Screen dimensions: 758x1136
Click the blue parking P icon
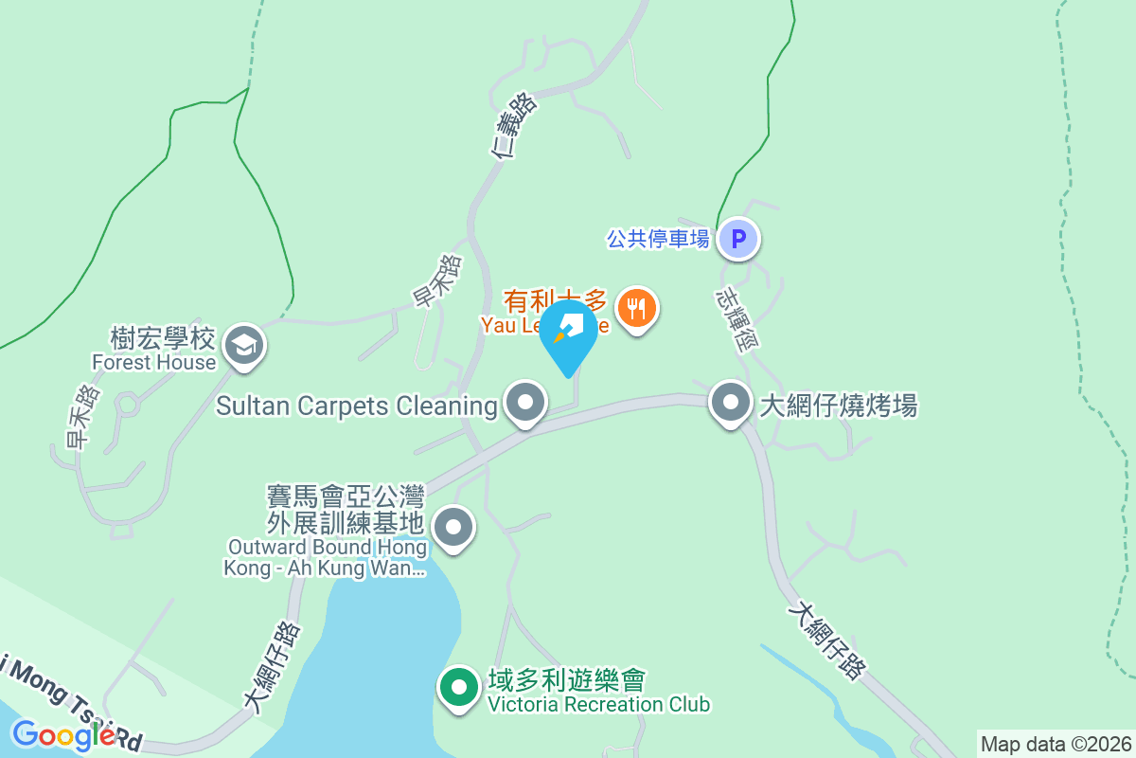point(737,239)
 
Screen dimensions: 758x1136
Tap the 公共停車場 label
point(658,239)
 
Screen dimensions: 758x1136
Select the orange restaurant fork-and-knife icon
point(637,308)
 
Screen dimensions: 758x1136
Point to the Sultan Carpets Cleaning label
point(356,406)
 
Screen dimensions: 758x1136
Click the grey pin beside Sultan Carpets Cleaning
point(525,404)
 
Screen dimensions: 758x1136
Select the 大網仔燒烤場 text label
point(839,406)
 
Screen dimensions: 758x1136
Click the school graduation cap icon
point(246,346)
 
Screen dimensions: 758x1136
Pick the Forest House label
point(153,362)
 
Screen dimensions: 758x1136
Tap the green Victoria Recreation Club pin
point(460,687)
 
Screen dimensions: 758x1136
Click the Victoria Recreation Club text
point(598,704)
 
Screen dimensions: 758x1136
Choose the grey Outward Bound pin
point(453,527)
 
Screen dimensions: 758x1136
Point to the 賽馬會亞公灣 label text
point(346,496)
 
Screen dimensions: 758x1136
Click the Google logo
point(62,734)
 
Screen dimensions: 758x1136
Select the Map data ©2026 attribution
point(1056,744)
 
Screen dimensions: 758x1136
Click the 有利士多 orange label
point(554,301)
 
